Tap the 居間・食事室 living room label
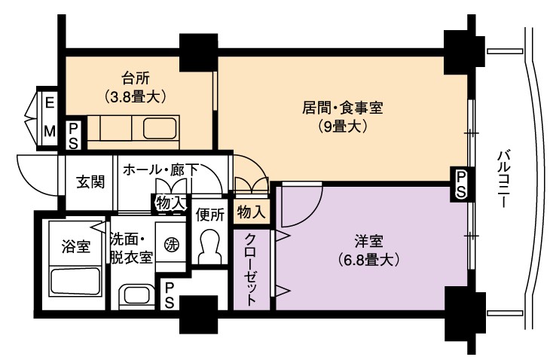[x=342, y=108]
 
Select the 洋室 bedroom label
[x=368, y=242]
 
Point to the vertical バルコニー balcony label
[x=504, y=180]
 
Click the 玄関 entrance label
[x=90, y=182]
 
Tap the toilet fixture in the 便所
[x=210, y=246]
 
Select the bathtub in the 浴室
[x=76, y=282]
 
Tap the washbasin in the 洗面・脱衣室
[x=136, y=295]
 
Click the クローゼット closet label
[x=250, y=269]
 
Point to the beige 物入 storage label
[x=251, y=212]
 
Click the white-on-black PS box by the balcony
[x=461, y=184]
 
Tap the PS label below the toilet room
[x=169, y=295]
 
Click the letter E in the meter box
[x=50, y=103]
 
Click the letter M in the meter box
[x=50, y=132]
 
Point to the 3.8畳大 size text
[x=136, y=96]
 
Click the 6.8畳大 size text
[x=368, y=260]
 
